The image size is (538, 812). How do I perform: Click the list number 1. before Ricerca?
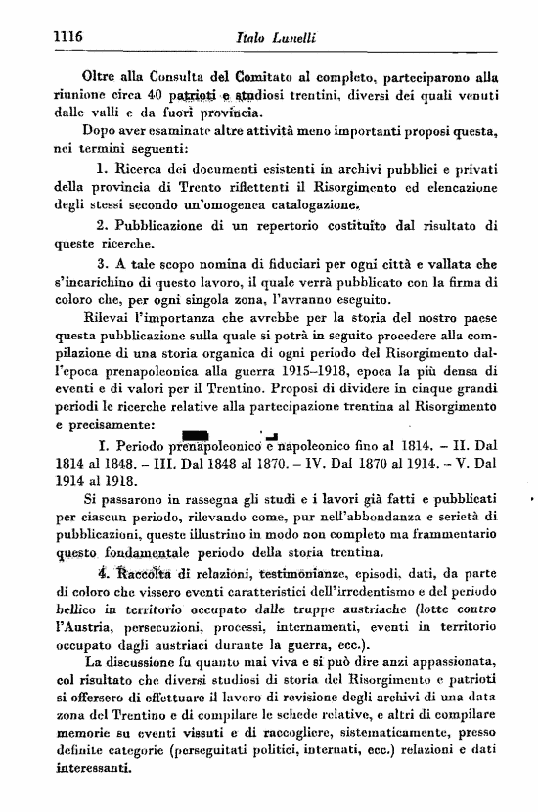pos(103,170)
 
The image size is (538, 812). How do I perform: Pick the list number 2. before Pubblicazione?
pos(103,226)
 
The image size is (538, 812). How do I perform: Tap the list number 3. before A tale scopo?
pos(103,264)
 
